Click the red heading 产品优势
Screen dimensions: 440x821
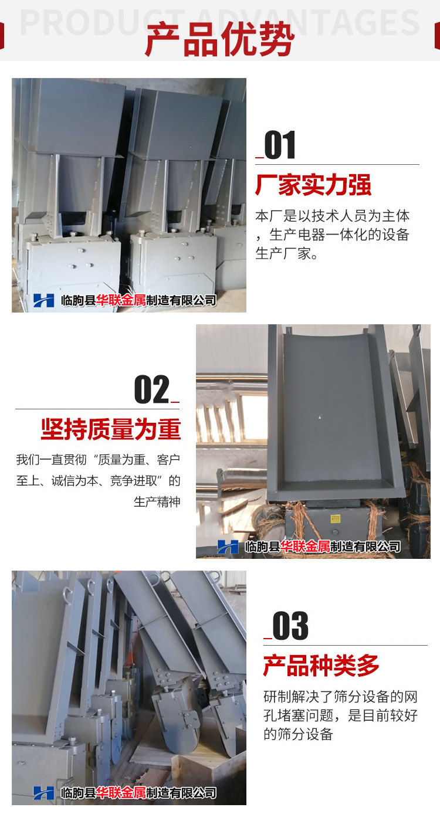point(220,40)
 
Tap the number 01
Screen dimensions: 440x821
point(280,145)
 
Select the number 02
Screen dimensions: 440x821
point(152,389)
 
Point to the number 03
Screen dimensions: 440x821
point(290,626)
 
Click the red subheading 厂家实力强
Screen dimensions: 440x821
point(313,185)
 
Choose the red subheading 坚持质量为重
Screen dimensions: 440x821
point(111,429)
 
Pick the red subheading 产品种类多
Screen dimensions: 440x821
point(321,666)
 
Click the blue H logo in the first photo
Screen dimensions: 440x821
point(43,300)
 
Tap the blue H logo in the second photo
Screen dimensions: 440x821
point(228,547)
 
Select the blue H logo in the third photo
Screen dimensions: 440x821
point(43,793)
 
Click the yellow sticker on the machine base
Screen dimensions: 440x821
point(335,518)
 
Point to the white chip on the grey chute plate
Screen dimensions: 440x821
point(320,417)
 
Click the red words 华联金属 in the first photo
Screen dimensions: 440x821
point(121,300)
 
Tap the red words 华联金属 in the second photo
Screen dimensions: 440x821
point(305,547)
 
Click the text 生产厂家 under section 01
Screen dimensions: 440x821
point(283,253)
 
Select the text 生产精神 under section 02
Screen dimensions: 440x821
point(157,501)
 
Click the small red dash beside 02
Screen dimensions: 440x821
point(175,402)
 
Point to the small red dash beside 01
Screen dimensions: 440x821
point(259,158)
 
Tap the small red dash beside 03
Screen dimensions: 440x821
point(268,639)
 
